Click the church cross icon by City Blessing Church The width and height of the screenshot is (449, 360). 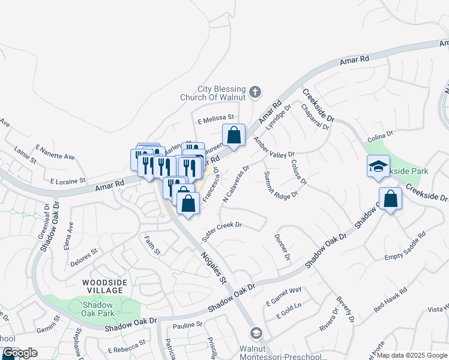255,92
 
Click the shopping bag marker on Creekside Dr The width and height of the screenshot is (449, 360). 391,200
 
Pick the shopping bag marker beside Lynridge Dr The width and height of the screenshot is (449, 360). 234,136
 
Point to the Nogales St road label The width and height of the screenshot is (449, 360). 213,267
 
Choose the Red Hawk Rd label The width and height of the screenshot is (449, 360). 390,299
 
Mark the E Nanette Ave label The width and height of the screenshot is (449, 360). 55,152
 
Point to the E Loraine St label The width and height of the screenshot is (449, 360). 68,180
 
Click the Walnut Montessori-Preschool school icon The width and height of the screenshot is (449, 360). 256,333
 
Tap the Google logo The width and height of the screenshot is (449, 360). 20,353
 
